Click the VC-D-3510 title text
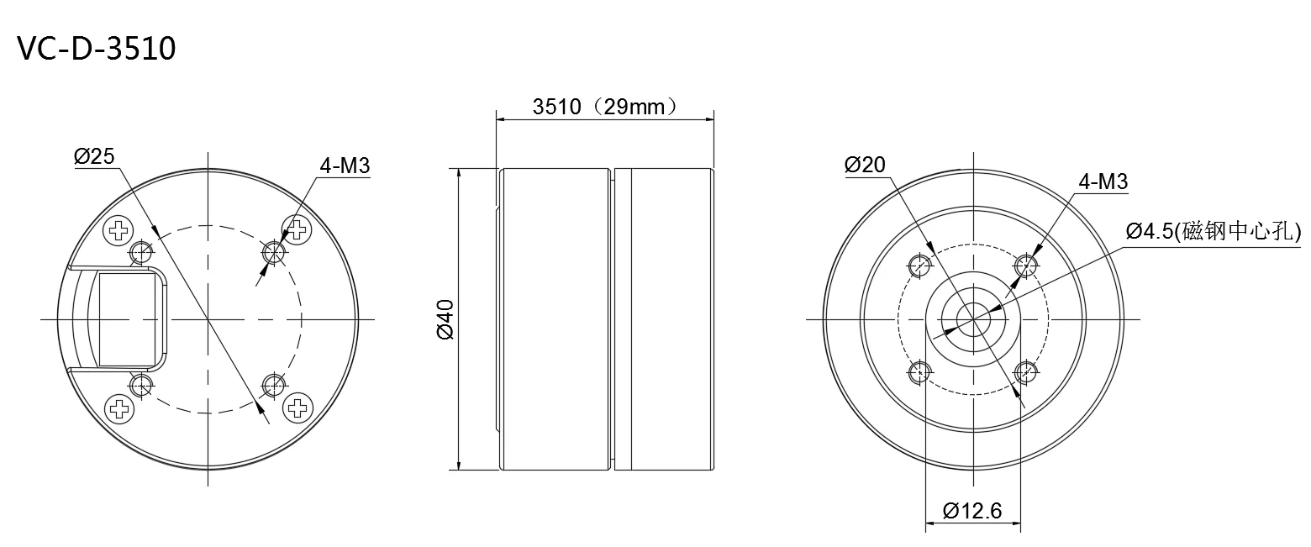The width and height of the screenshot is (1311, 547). (x=97, y=48)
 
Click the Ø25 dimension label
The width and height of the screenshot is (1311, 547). (x=94, y=156)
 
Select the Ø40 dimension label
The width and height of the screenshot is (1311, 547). (x=445, y=319)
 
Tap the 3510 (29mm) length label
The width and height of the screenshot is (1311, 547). (x=605, y=107)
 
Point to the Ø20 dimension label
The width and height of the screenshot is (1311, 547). (x=865, y=165)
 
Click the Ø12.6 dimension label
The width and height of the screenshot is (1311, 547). (x=972, y=511)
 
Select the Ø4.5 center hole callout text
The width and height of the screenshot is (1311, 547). (x=1214, y=231)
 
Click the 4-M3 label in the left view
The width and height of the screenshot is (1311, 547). (x=345, y=166)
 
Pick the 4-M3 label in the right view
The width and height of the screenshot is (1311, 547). (x=1103, y=181)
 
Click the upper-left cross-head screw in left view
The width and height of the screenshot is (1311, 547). (x=118, y=230)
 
